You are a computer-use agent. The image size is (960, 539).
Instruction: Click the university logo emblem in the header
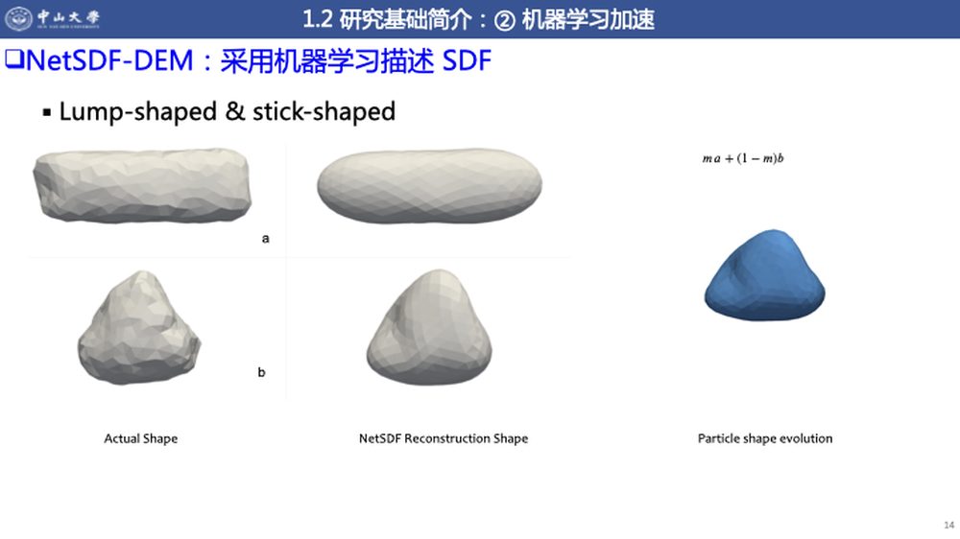18,18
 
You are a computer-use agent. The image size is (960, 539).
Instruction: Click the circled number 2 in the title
505,21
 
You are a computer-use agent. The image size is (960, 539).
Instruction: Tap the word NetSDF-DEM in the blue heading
109,60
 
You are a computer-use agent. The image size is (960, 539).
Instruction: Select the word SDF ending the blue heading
467,60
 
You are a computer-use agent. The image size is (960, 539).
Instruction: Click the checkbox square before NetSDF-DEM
14,59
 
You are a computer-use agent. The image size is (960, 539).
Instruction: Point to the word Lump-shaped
137,112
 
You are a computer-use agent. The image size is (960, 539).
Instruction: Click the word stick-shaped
324,112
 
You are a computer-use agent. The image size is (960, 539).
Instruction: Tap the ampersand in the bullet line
235,111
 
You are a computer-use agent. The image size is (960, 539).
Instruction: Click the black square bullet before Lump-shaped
46,112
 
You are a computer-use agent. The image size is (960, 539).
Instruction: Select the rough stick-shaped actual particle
142,185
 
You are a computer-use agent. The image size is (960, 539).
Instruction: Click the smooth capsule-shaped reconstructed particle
429,186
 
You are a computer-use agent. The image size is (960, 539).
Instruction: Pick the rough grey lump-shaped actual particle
139,328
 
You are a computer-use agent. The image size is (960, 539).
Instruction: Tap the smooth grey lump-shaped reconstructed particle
429,327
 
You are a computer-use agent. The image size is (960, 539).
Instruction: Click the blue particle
765,274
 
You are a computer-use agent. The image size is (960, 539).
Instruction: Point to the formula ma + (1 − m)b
743,158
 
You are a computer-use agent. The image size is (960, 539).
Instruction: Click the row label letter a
265,238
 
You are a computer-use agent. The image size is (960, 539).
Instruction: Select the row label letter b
261,372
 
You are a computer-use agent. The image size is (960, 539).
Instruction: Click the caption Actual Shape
141,438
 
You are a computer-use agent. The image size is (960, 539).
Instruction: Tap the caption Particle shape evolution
765,438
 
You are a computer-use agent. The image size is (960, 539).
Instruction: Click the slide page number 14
949,525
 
